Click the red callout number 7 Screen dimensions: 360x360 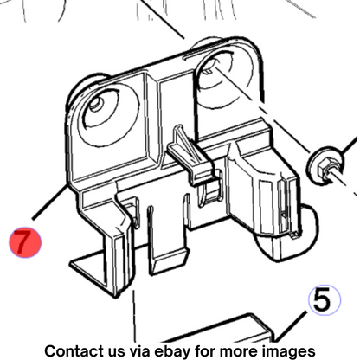25,242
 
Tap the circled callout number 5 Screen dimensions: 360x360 325,299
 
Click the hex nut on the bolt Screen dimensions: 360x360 326,168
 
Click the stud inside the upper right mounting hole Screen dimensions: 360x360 209,70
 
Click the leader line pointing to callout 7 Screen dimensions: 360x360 50,202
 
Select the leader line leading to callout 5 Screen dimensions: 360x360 290,327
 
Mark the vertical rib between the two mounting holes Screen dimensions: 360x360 152,121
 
